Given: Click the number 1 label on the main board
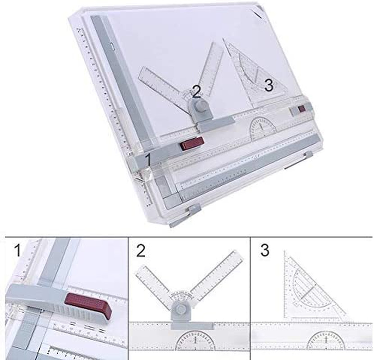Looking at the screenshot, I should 146,160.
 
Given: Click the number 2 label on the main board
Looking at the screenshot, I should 196,92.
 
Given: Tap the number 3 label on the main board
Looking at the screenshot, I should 269,85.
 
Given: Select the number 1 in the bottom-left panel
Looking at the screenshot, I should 17,251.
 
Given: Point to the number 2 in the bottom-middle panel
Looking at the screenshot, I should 141,251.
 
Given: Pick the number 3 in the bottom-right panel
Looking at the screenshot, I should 265,251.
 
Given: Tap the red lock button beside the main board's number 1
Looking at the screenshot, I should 192,144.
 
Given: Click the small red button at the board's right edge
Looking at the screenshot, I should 301,109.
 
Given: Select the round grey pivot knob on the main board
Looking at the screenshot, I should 201,106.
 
